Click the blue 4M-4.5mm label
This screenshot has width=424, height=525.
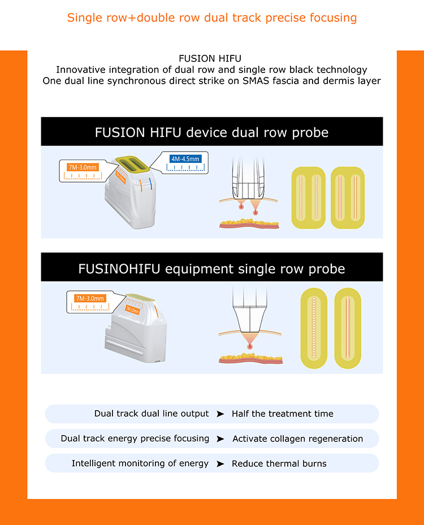tap(185, 159)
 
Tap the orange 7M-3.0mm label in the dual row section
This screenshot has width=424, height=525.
tap(83, 167)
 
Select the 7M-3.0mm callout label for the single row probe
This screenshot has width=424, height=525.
tap(90, 298)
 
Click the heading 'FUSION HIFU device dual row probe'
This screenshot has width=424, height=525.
tap(211, 132)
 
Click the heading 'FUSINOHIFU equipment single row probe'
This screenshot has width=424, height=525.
tap(211, 269)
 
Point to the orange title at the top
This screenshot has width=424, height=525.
tap(212, 18)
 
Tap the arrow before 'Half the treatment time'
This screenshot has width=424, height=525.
tap(220, 414)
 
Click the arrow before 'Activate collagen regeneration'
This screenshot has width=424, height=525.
tap(220, 439)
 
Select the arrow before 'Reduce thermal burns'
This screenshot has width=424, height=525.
tap(220, 464)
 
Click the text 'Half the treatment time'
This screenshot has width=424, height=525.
tap(283, 414)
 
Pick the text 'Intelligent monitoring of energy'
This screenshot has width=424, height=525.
tap(140, 463)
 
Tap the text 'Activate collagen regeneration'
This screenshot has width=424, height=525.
tap(297, 438)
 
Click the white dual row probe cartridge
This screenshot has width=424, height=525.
tap(131, 192)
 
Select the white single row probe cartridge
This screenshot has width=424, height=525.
tap(136, 329)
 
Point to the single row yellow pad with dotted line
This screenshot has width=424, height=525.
tap(314, 328)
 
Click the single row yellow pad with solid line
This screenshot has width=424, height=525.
tap(348, 328)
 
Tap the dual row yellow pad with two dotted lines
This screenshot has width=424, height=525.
tap(308, 198)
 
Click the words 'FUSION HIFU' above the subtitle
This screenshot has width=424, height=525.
tap(210, 59)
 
